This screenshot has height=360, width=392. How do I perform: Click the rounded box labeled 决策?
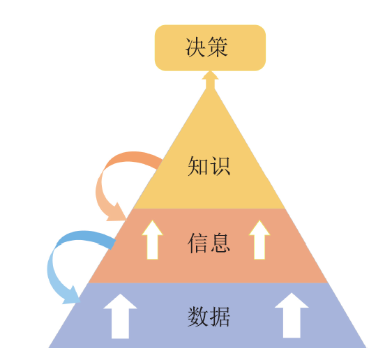click(x=210, y=47)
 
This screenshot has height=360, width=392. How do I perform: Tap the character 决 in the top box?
click(x=196, y=47)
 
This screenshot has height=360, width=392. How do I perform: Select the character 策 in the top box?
click(x=218, y=47)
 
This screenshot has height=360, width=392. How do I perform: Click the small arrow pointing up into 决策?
click(x=210, y=80)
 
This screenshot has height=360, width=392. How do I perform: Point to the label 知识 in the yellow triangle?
click(x=209, y=166)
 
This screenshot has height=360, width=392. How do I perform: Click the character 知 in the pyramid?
click(x=198, y=166)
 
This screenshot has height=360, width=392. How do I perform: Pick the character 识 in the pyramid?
click(x=220, y=166)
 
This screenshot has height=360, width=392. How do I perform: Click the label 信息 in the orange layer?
click(x=209, y=243)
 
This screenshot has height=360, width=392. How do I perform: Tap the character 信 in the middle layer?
click(x=198, y=243)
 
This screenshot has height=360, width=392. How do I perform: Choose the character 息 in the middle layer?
click(x=220, y=243)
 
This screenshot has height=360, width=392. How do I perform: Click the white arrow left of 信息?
click(x=152, y=240)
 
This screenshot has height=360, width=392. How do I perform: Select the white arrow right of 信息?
click(x=259, y=240)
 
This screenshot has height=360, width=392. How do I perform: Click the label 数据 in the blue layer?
click(x=209, y=317)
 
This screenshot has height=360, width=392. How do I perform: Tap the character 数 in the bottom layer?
click(x=198, y=317)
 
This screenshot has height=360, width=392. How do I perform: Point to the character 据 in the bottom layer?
click(x=220, y=317)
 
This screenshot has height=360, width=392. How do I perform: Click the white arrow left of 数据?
click(x=120, y=316)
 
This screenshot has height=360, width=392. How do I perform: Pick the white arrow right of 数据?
click(x=292, y=315)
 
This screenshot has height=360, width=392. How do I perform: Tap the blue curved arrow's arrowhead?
click(x=72, y=296)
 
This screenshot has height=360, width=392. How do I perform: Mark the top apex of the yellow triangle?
click(x=210, y=88)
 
